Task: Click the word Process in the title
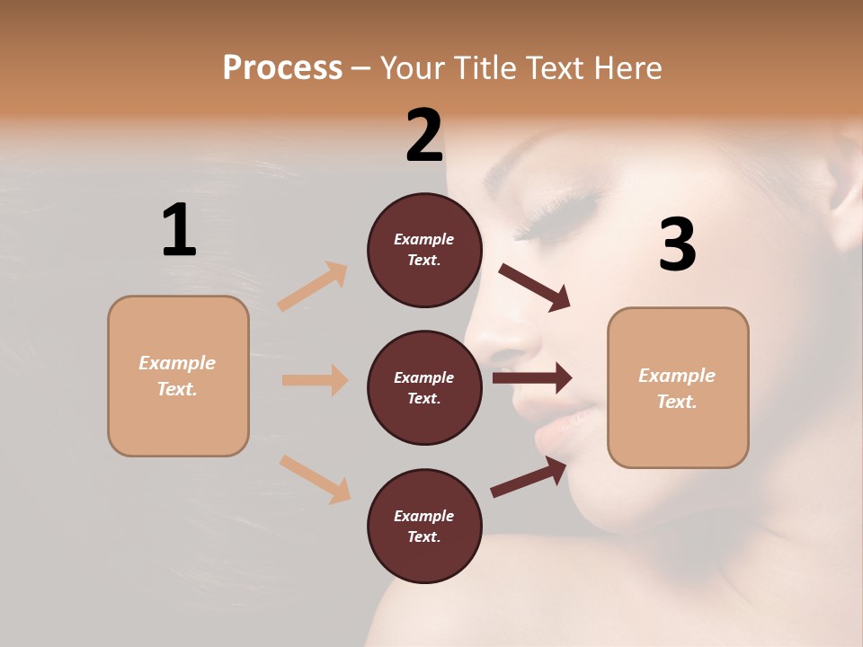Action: (x=282, y=68)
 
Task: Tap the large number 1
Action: (x=179, y=230)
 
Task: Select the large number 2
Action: (x=424, y=136)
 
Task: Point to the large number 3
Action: (x=678, y=244)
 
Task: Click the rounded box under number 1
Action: (x=178, y=376)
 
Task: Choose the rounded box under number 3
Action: (x=678, y=387)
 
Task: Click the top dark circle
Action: (x=424, y=250)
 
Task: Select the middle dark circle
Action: (x=424, y=387)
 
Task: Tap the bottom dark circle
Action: (x=424, y=526)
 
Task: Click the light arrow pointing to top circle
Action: (x=313, y=287)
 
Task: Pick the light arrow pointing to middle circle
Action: (x=315, y=380)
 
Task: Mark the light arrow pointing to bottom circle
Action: (x=315, y=478)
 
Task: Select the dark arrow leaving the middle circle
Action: (x=532, y=378)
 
